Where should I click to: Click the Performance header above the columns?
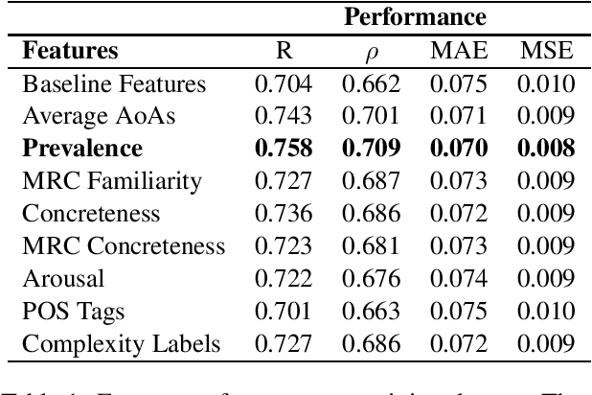(x=415, y=16)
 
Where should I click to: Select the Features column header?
(x=70, y=50)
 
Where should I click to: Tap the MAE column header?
(x=458, y=50)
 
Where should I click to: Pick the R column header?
(x=283, y=50)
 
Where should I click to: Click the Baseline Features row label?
(x=114, y=83)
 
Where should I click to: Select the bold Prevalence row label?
(x=82, y=148)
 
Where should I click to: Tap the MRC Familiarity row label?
(x=112, y=180)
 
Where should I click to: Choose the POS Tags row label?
(x=73, y=311)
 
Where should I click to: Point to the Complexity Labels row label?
(x=122, y=343)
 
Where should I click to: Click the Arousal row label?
(x=63, y=278)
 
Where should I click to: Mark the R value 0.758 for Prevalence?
(x=284, y=148)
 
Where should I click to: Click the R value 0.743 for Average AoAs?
(x=284, y=116)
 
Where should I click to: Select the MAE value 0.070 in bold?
(x=459, y=148)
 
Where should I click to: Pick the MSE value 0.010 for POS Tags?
(x=546, y=311)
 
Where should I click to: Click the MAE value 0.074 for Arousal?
(x=459, y=278)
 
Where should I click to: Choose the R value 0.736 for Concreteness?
(x=284, y=213)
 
